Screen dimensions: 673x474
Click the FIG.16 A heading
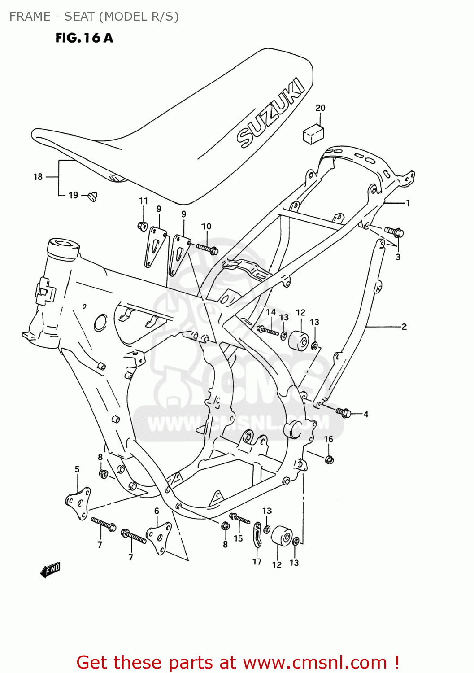pos(84,38)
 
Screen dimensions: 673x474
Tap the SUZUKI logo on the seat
pos(270,113)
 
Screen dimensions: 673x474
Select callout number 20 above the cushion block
pos(320,108)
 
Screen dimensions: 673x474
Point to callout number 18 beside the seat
pos(38,177)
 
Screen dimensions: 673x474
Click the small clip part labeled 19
pos(93,196)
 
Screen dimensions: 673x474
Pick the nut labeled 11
pos(143,226)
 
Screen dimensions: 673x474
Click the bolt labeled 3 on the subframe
pos(395,232)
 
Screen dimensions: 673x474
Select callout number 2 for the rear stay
pos(404,327)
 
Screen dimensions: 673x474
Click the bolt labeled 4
pos(344,412)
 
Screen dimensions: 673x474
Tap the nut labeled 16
pos(329,459)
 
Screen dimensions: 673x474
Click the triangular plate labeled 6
pos(159,537)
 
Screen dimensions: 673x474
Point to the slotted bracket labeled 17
pos(257,534)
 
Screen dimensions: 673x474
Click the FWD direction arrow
pos(50,570)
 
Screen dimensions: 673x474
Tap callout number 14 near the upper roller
pos(270,312)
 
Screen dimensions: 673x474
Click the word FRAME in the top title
pos(30,17)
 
